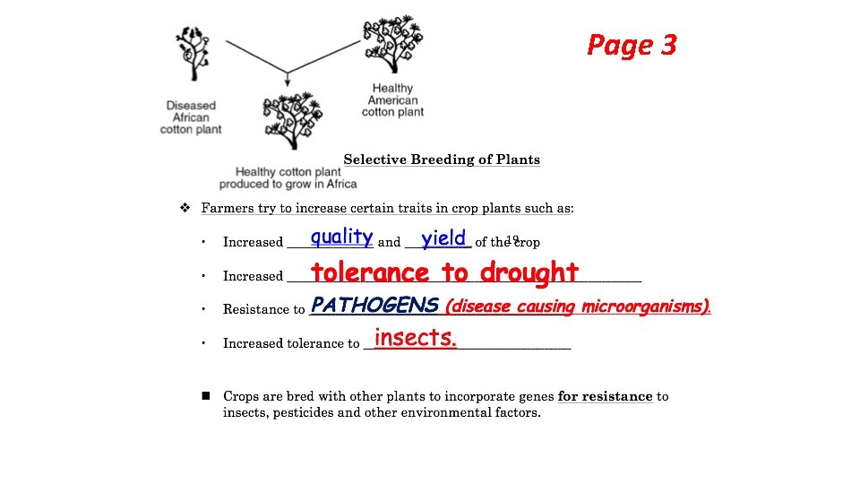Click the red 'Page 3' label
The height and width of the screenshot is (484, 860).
click(x=632, y=45)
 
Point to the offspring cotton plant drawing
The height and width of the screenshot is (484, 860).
click(x=291, y=118)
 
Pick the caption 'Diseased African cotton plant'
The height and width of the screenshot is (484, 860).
click(x=191, y=117)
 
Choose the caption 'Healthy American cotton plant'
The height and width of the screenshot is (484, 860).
click(x=392, y=99)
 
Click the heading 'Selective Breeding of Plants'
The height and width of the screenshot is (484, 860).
click(x=442, y=160)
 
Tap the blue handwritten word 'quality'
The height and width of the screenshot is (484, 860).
click(x=341, y=237)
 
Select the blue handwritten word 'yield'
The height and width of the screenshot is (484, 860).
click(x=444, y=238)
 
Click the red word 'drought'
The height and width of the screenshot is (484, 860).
click(x=529, y=272)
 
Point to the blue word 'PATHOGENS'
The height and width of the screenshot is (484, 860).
click(x=374, y=306)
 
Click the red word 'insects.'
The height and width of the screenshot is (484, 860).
click(x=416, y=338)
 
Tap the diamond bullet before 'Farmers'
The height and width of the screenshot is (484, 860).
click(x=185, y=208)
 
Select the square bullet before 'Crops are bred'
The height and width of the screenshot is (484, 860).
click(x=205, y=395)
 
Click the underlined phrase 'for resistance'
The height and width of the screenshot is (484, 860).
click(x=605, y=396)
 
